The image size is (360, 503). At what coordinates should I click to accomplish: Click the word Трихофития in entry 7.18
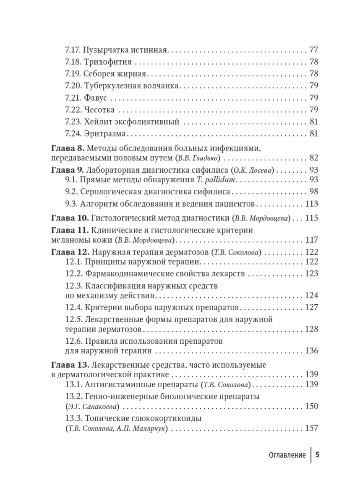point(107,62)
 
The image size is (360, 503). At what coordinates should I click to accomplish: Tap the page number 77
point(313,50)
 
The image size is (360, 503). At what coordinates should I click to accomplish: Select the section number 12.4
point(74,307)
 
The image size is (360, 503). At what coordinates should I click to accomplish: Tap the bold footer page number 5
point(318,455)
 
